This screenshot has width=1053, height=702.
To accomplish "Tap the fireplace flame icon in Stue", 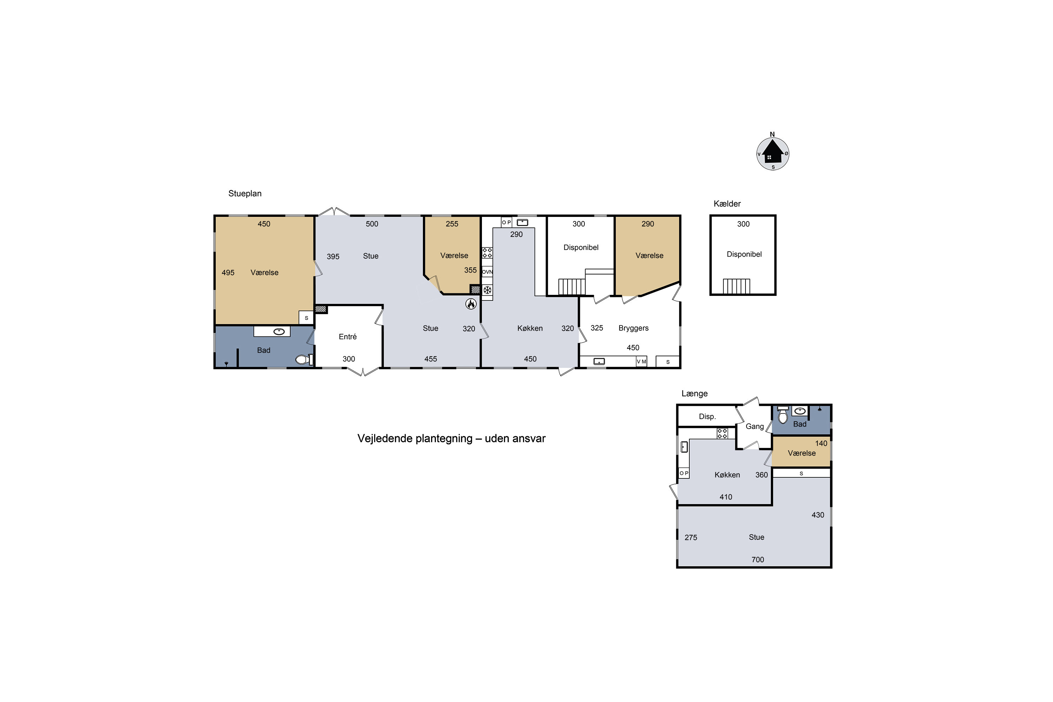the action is coord(471,304).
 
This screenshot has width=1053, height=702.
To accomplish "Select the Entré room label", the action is coord(348,337).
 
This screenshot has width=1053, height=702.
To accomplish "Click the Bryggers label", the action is coord(634,328).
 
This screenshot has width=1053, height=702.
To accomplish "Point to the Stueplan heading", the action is coord(245,193).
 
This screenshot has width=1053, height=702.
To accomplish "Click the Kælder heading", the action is coord(727,204).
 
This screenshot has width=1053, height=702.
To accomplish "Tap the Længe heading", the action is coord(694,393).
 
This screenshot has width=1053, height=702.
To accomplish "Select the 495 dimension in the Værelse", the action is coord(228,273).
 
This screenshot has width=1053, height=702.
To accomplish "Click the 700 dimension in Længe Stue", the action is coord(757,559).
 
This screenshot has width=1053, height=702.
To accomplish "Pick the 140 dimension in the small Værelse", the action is coord(821,444).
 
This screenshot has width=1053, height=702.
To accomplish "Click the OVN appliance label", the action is coord(487,272).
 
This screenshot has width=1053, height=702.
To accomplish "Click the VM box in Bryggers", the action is coord(642,361).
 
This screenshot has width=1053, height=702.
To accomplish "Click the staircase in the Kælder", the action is coord(736,286).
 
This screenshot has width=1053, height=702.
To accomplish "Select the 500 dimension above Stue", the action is coord(372,224).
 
